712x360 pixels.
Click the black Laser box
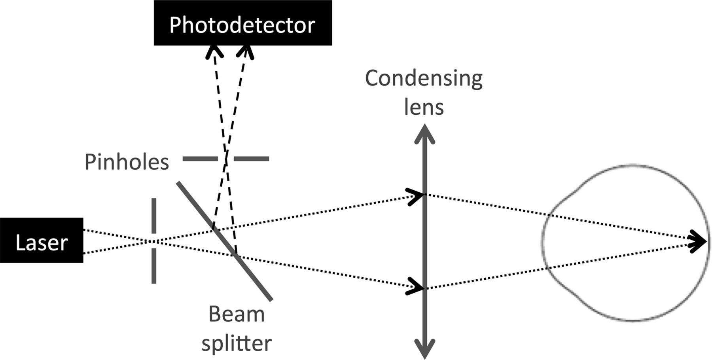41,240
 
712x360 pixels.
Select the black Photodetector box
242,23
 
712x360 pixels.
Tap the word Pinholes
127,162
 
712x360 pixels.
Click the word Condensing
424,79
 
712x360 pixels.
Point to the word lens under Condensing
424,107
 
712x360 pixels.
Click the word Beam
237,315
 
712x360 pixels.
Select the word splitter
237,343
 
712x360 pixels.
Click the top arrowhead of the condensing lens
424,135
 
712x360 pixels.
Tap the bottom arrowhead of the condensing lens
424,348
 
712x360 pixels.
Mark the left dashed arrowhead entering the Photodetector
214,51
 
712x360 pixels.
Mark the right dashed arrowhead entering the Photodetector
246,51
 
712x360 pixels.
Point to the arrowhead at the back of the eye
698,241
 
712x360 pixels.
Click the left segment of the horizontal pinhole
200,159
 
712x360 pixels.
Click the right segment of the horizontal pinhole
251,159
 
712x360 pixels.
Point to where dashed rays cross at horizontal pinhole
226,158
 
